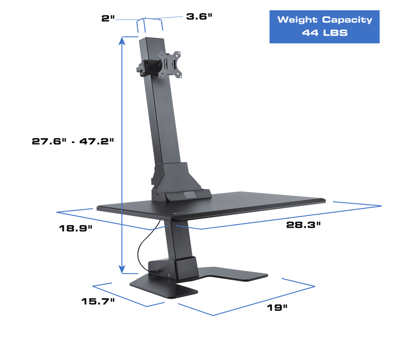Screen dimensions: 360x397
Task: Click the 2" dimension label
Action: tap(107, 18)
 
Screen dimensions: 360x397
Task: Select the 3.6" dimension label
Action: tap(199, 16)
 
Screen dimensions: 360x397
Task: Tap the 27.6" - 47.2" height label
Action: tap(73, 141)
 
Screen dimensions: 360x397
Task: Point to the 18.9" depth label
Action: tap(76, 228)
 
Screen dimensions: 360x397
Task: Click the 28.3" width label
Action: tap(303, 225)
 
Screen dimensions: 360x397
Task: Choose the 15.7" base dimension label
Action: tap(98, 301)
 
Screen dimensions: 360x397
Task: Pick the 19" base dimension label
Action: tap(277, 308)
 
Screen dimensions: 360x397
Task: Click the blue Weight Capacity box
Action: tap(324, 26)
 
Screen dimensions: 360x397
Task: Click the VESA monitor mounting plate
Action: tap(169, 64)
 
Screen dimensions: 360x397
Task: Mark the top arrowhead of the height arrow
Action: tap(122, 40)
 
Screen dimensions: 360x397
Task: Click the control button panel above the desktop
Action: tap(190, 195)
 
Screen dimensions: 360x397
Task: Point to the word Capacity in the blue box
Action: tap(347, 20)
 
